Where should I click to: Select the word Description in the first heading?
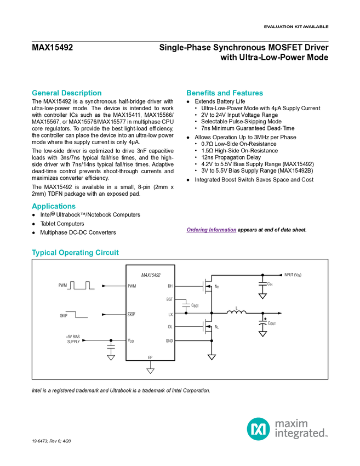81,93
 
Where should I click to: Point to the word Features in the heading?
249,93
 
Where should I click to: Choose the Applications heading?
53,207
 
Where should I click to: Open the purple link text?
211,231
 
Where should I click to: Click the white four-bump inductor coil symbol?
237,314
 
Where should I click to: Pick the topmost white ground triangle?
262,296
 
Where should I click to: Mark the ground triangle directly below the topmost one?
262,333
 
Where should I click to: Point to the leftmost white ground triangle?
111,357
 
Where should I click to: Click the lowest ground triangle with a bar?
150,371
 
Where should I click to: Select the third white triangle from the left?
212,357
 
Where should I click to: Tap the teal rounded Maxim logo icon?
258,429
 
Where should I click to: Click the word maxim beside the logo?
292,423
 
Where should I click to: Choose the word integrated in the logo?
299,434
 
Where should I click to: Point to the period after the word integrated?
327,437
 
